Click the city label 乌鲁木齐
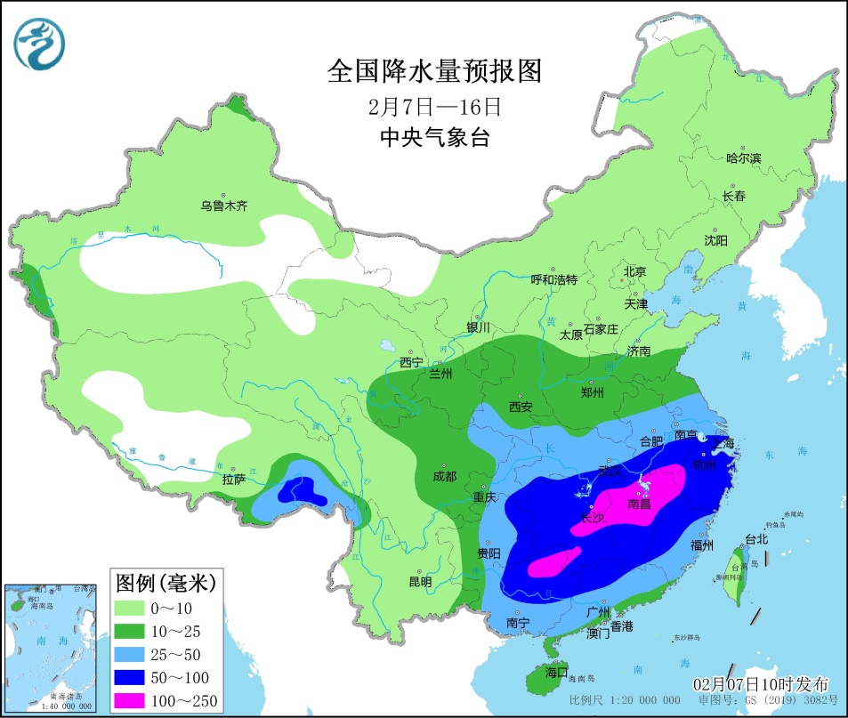point(223,206)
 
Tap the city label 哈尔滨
point(744,158)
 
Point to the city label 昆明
point(420,582)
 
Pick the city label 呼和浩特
point(553,279)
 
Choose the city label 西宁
point(411,362)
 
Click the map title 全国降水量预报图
point(435,70)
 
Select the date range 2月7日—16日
point(435,107)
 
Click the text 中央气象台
point(435,138)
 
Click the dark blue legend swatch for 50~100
point(133,677)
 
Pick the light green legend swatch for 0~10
point(133,608)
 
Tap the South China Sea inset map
point(51,647)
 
